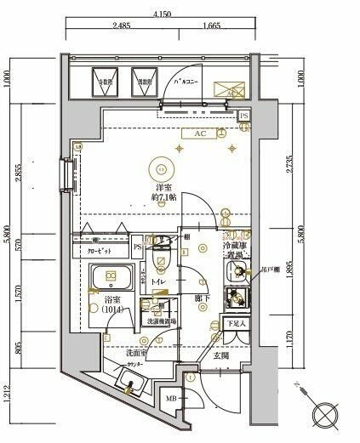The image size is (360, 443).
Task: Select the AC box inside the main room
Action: point(201,134)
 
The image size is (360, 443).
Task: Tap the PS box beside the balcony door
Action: point(244,116)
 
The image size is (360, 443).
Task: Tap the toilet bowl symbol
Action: point(160,255)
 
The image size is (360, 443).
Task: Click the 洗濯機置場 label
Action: point(159,322)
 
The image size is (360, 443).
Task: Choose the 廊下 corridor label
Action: point(202,298)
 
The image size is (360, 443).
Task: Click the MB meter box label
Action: point(171,399)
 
